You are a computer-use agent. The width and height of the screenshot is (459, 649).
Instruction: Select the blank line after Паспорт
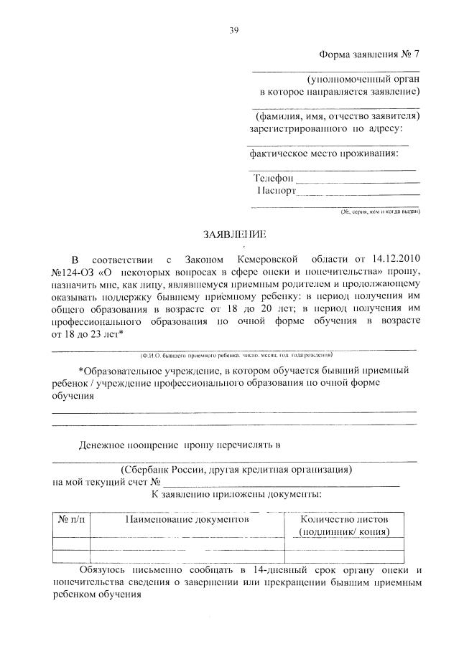point(358,194)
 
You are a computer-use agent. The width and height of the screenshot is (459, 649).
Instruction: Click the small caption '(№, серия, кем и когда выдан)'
point(380,212)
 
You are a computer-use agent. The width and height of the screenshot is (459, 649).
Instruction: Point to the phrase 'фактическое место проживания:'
point(323,153)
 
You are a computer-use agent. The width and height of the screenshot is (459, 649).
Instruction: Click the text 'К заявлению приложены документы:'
point(236,494)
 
